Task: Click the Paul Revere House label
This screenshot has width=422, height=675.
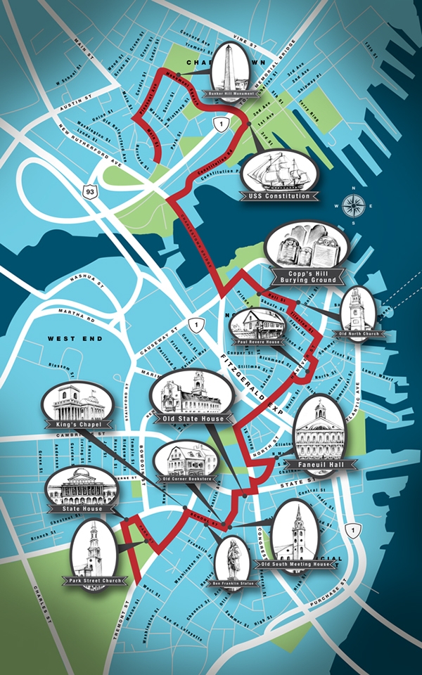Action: click(259, 342)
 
